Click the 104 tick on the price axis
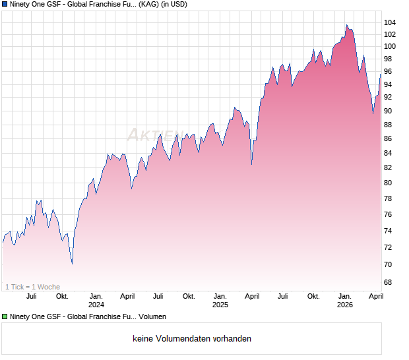(x=390, y=22)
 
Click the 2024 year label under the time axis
(x=96, y=305)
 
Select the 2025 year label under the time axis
(x=220, y=305)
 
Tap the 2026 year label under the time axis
(x=345, y=305)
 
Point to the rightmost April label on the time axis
(x=375, y=296)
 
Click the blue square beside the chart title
(x=5, y=5)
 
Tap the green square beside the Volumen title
(x=5, y=317)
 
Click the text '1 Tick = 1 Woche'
(x=33, y=287)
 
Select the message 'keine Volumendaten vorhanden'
(x=192, y=339)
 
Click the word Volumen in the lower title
(x=152, y=317)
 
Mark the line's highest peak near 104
(x=346, y=26)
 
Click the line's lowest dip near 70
(x=72, y=264)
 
